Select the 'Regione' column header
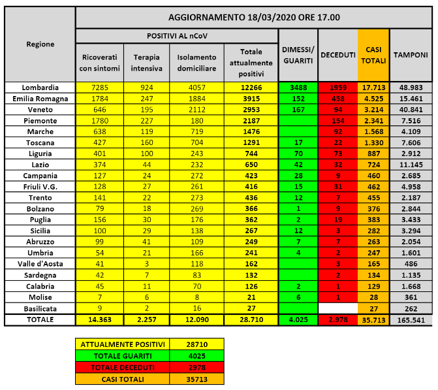[40, 44]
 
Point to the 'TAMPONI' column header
[409, 56]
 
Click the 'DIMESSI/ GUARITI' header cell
[298, 56]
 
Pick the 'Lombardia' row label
[40, 88]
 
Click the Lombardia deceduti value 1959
[337, 88]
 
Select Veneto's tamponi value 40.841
[409, 110]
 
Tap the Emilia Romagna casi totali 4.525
[373, 99]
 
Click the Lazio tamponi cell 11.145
[409, 165]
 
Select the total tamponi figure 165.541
[409, 320]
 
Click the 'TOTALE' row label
[40, 320]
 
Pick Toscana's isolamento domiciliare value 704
[196, 143]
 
